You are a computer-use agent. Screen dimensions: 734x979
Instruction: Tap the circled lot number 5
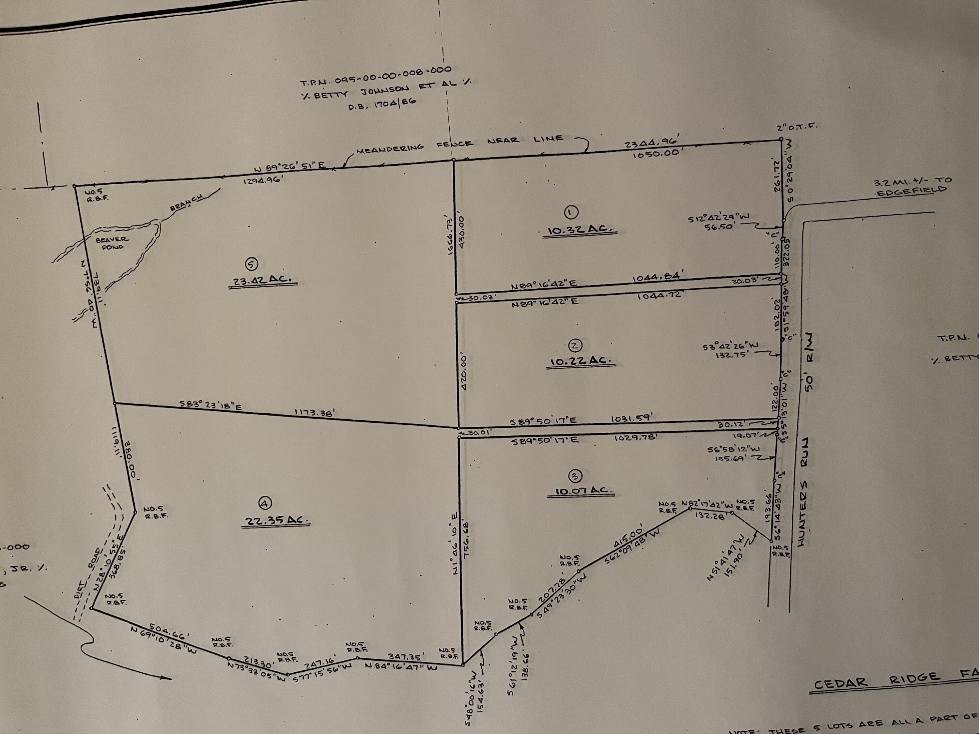click(x=251, y=264)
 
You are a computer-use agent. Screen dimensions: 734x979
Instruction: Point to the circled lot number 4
click(x=265, y=503)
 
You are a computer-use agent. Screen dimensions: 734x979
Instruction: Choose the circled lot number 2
click(x=575, y=345)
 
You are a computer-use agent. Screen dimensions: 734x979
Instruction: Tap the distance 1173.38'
click(x=314, y=412)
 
